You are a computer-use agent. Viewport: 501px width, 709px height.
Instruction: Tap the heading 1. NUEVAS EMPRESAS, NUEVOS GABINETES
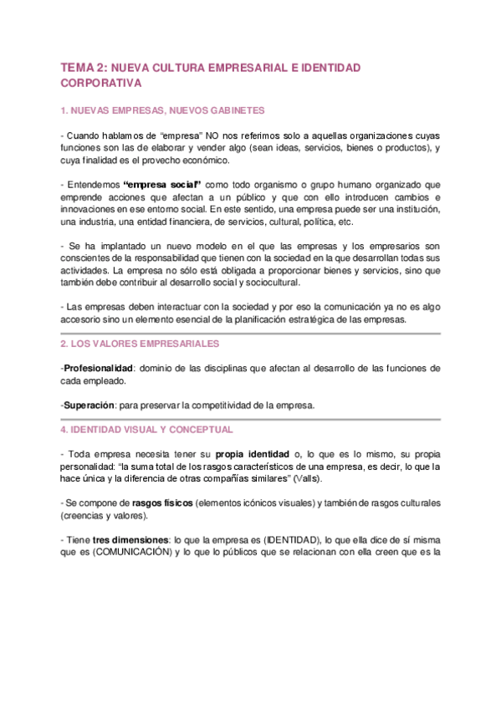click(x=163, y=110)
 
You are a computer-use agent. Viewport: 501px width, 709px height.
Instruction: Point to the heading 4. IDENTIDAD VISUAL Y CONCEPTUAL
click(x=147, y=429)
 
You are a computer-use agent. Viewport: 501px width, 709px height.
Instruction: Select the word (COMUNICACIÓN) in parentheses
click(x=128, y=552)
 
